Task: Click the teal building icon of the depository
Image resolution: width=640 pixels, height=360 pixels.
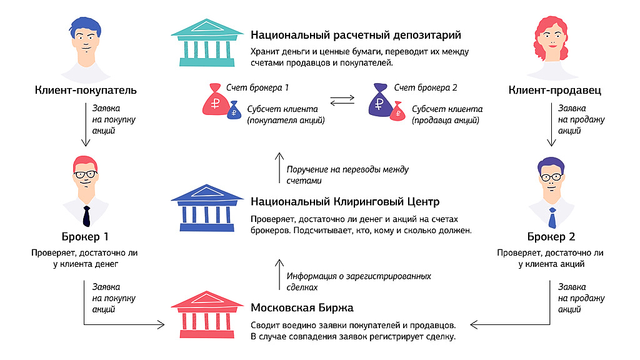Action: tap(207, 42)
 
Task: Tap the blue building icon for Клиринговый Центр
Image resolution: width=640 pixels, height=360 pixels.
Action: tap(207, 208)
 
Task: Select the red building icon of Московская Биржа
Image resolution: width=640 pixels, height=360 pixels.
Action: tap(207, 314)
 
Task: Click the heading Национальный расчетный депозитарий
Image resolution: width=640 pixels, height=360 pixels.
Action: tap(356, 35)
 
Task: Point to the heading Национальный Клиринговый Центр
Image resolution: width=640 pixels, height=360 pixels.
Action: tap(345, 202)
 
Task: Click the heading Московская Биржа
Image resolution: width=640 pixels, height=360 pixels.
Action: tap(302, 307)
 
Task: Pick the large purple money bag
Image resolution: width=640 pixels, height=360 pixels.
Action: tap(381, 100)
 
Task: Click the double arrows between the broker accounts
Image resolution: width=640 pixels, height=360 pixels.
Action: tap(342, 101)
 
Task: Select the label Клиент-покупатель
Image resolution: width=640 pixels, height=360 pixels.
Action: tap(86, 90)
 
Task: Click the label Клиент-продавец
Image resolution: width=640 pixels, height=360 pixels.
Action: tap(555, 90)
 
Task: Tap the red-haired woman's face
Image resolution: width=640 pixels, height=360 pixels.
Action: tap(552, 41)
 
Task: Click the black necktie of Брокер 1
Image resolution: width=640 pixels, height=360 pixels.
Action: tap(86, 216)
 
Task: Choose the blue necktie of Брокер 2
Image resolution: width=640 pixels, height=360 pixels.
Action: tap(552, 218)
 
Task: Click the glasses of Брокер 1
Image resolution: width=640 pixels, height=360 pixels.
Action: tap(86, 175)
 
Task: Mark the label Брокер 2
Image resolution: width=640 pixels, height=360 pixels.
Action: tap(551, 237)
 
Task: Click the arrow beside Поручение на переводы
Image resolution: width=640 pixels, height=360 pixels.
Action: tap(279, 167)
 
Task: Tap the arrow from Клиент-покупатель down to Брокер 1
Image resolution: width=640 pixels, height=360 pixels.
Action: tap(86, 124)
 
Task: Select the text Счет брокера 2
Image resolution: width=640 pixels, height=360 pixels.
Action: tap(426, 87)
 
